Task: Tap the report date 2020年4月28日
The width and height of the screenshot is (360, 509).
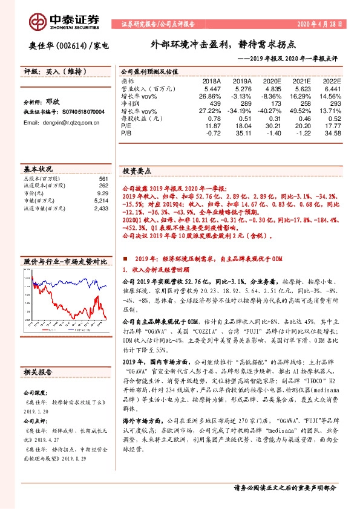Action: click(x=319, y=25)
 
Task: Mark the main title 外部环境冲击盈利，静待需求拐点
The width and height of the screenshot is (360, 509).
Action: click(x=223, y=45)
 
